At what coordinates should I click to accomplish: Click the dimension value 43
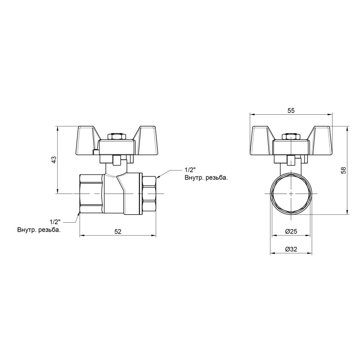click(x=53, y=160)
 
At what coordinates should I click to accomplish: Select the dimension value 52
click(x=118, y=231)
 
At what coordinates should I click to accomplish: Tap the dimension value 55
click(x=291, y=111)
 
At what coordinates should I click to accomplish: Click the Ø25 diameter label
click(x=291, y=231)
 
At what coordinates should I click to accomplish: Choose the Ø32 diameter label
click(x=291, y=250)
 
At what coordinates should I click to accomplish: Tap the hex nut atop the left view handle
click(x=117, y=136)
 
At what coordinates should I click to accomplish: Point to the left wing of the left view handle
click(x=88, y=135)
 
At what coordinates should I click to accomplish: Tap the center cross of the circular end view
click(x=291, y=193)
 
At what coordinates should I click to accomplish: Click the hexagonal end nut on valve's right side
click(x=149, y=193)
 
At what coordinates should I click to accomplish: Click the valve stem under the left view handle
click(x=117, y=160)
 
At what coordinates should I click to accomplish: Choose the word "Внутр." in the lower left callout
click(x=27, y=230)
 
